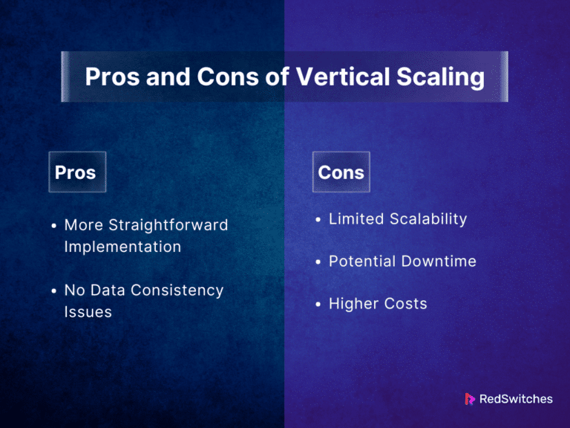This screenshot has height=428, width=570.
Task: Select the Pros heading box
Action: point(76,172)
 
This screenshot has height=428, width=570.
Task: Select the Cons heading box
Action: point(341,172)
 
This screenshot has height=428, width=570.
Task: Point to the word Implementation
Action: point(122,247)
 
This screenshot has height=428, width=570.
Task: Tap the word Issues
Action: point(88,312)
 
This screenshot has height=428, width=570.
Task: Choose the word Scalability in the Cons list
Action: point(427,219)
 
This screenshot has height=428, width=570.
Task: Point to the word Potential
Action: point(361,262)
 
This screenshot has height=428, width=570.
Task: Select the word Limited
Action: point(356,219)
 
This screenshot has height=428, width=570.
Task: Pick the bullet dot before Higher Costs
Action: point(318,304)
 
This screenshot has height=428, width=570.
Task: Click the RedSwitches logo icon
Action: point(470,399)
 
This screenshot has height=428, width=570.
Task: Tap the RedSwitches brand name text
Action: point(516,399)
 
